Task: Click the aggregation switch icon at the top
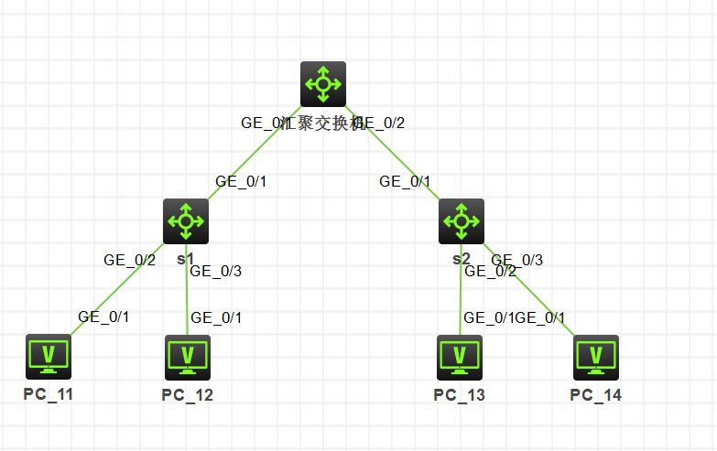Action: (323, 84)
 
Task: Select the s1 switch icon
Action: (186, 221)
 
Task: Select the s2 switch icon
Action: (461, 221)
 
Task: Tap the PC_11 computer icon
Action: (48, 357)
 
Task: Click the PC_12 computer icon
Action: (188, 357)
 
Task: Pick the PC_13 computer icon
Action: (460, 357)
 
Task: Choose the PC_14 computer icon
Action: (596, 357)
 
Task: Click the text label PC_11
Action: (49, 394)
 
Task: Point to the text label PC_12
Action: (188, 395)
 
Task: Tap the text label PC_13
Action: (460, 395)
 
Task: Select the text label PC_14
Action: (596, 394)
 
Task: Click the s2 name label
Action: (462, 260)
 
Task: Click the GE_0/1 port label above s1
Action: (241, 181)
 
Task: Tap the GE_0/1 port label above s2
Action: (405, 181)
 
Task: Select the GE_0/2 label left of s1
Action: (129, 260)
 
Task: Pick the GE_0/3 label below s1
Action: (215, 271)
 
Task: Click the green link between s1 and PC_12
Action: (187, 297)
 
